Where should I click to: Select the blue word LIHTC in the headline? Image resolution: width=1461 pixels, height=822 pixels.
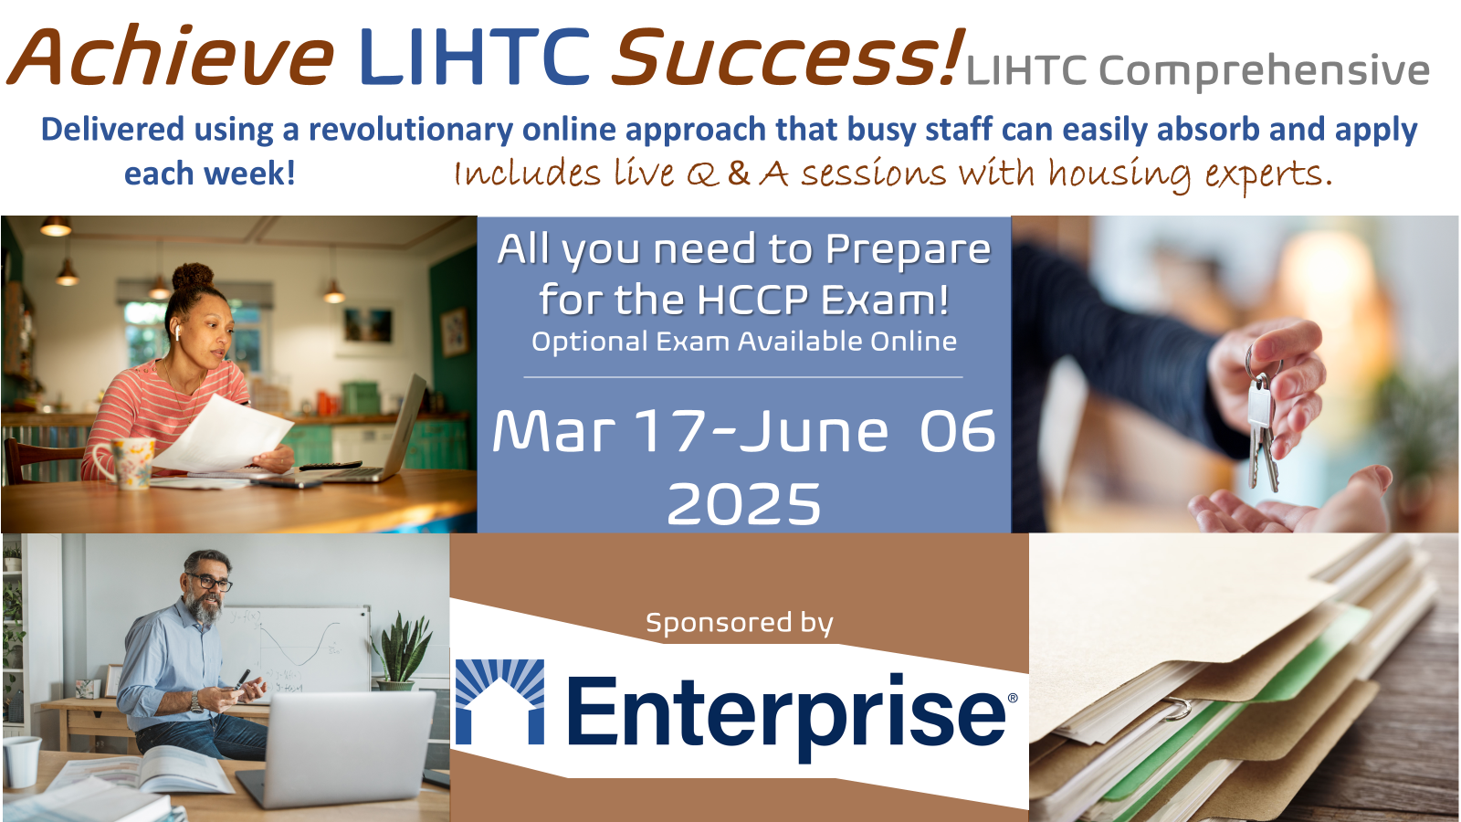point(474,58)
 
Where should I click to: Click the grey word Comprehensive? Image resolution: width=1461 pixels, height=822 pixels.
point(1264,70)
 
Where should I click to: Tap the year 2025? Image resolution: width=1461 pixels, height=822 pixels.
point(743,504)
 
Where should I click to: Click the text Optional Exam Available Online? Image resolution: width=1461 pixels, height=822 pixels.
point(744,342)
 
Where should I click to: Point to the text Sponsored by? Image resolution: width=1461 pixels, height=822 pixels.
point(739,623)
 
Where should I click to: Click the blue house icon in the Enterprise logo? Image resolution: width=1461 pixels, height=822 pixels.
point(499,701)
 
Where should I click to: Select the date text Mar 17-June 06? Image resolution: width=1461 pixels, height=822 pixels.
point(743,432)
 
